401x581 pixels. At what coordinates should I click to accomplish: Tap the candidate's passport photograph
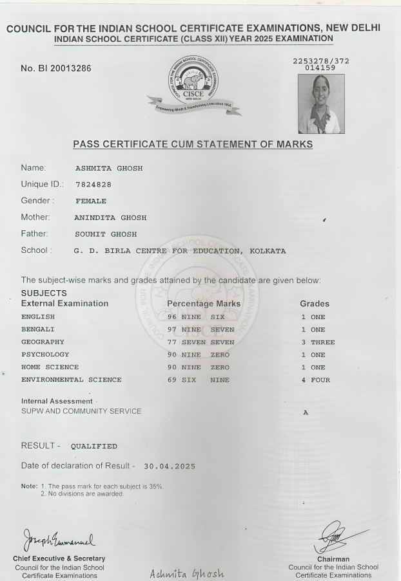tap(321, 104)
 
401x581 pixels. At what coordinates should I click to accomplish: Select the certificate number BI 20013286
tap(56, 69)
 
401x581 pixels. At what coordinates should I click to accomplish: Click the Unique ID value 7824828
tap(93, 185)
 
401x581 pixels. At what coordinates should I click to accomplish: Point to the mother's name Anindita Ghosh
tap(111, 217)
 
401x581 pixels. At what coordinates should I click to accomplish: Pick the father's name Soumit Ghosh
tap(106, 234)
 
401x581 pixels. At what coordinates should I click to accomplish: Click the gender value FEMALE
tap(91, 201)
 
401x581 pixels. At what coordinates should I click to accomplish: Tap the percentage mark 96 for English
tap(172, 317)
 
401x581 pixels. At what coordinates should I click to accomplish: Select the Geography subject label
tap(43, 342)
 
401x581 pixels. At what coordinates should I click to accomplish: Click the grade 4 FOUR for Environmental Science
tap(315, 380)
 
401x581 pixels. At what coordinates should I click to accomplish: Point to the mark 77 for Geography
tap(172, 342)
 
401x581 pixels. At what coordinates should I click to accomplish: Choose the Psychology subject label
tap(45, 355)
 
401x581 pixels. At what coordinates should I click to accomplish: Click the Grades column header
tap(315, 304)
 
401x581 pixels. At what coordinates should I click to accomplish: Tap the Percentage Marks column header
tap(203, 304)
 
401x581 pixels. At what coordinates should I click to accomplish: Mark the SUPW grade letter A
tap(305, 412)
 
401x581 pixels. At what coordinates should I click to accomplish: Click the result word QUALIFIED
tap(94, 446)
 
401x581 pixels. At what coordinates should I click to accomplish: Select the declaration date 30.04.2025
tap(169, 466)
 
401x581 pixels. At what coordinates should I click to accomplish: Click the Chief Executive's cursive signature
tap(58, 537)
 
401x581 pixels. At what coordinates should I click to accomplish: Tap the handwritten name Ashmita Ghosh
tap(187, 573)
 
